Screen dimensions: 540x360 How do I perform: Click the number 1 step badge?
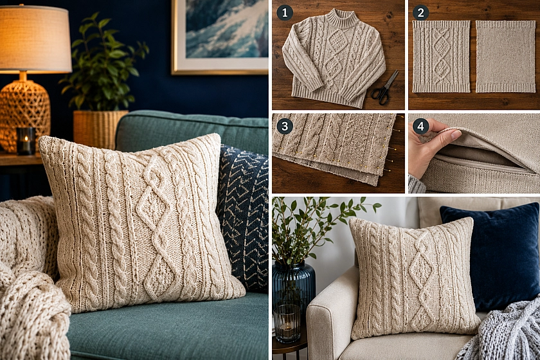(284, 13)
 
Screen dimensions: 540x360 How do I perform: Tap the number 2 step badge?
(420, 13)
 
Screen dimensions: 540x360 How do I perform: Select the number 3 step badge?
(284, 126)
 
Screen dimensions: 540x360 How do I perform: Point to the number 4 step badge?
(420, 127)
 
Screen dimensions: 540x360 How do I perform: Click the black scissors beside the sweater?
(385, 89)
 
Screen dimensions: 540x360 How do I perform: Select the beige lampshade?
(35, 39)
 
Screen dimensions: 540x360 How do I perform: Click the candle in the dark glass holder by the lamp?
(26, 141)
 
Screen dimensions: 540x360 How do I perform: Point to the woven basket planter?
(100, 128)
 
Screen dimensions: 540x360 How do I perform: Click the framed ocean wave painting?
(220, 37)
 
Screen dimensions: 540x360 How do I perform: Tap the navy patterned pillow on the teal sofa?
(244, 217)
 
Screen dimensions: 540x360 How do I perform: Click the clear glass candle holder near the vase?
(287, 324)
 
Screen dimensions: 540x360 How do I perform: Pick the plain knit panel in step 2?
(505, 57)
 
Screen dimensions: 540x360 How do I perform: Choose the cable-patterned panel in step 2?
(441, 57)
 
